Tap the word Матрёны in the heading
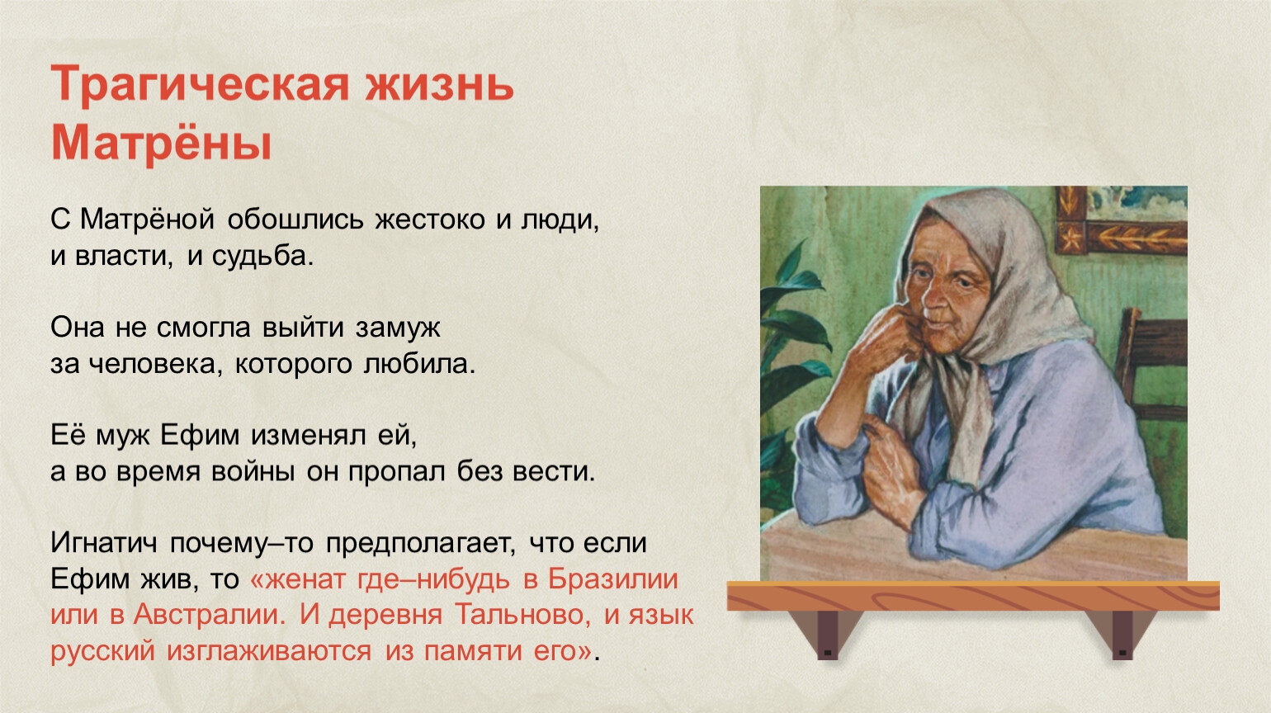click(x=162, y=142)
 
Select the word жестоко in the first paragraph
click(x=429, y=220)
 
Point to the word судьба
click(x=262, y=257)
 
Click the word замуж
click(x=398, y=328)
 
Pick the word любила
click(x=419, y=364)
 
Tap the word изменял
click(x=308, y=436)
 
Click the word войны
click(x=253, y=472)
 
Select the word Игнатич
click(x=103, y=543)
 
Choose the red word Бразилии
click(x=612, y=579)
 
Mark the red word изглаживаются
click(x=269, y=651)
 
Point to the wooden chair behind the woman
click(x=1152, y=363)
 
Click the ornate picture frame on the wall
click(x=1121, y=220)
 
